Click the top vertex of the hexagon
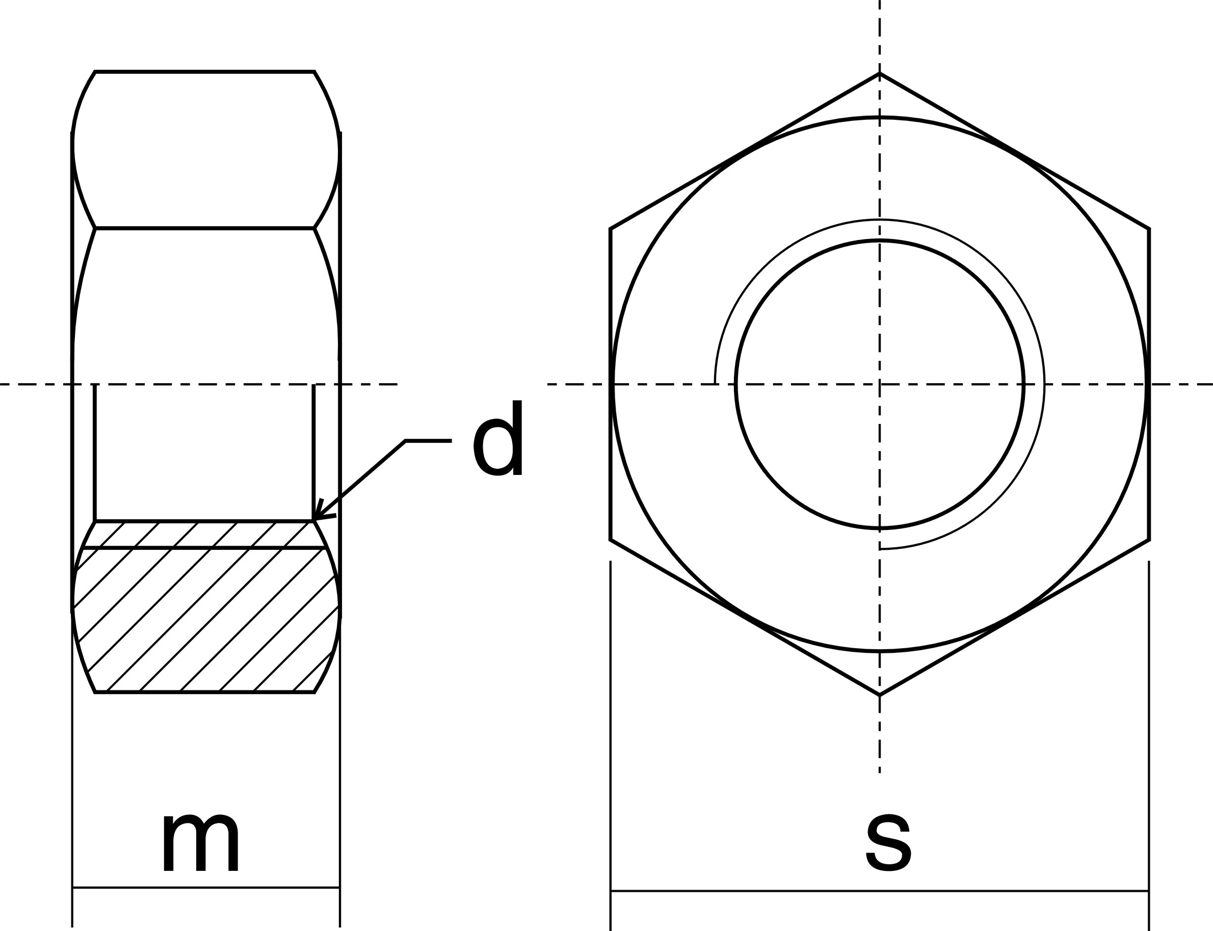[x=879, y=73]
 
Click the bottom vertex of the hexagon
[x=879, y=695]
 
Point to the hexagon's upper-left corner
[x=611, y=228]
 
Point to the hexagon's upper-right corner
[x=1149, y=228]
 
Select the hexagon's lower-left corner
[x=611, y=540]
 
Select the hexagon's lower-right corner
[x=1149, y=540]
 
